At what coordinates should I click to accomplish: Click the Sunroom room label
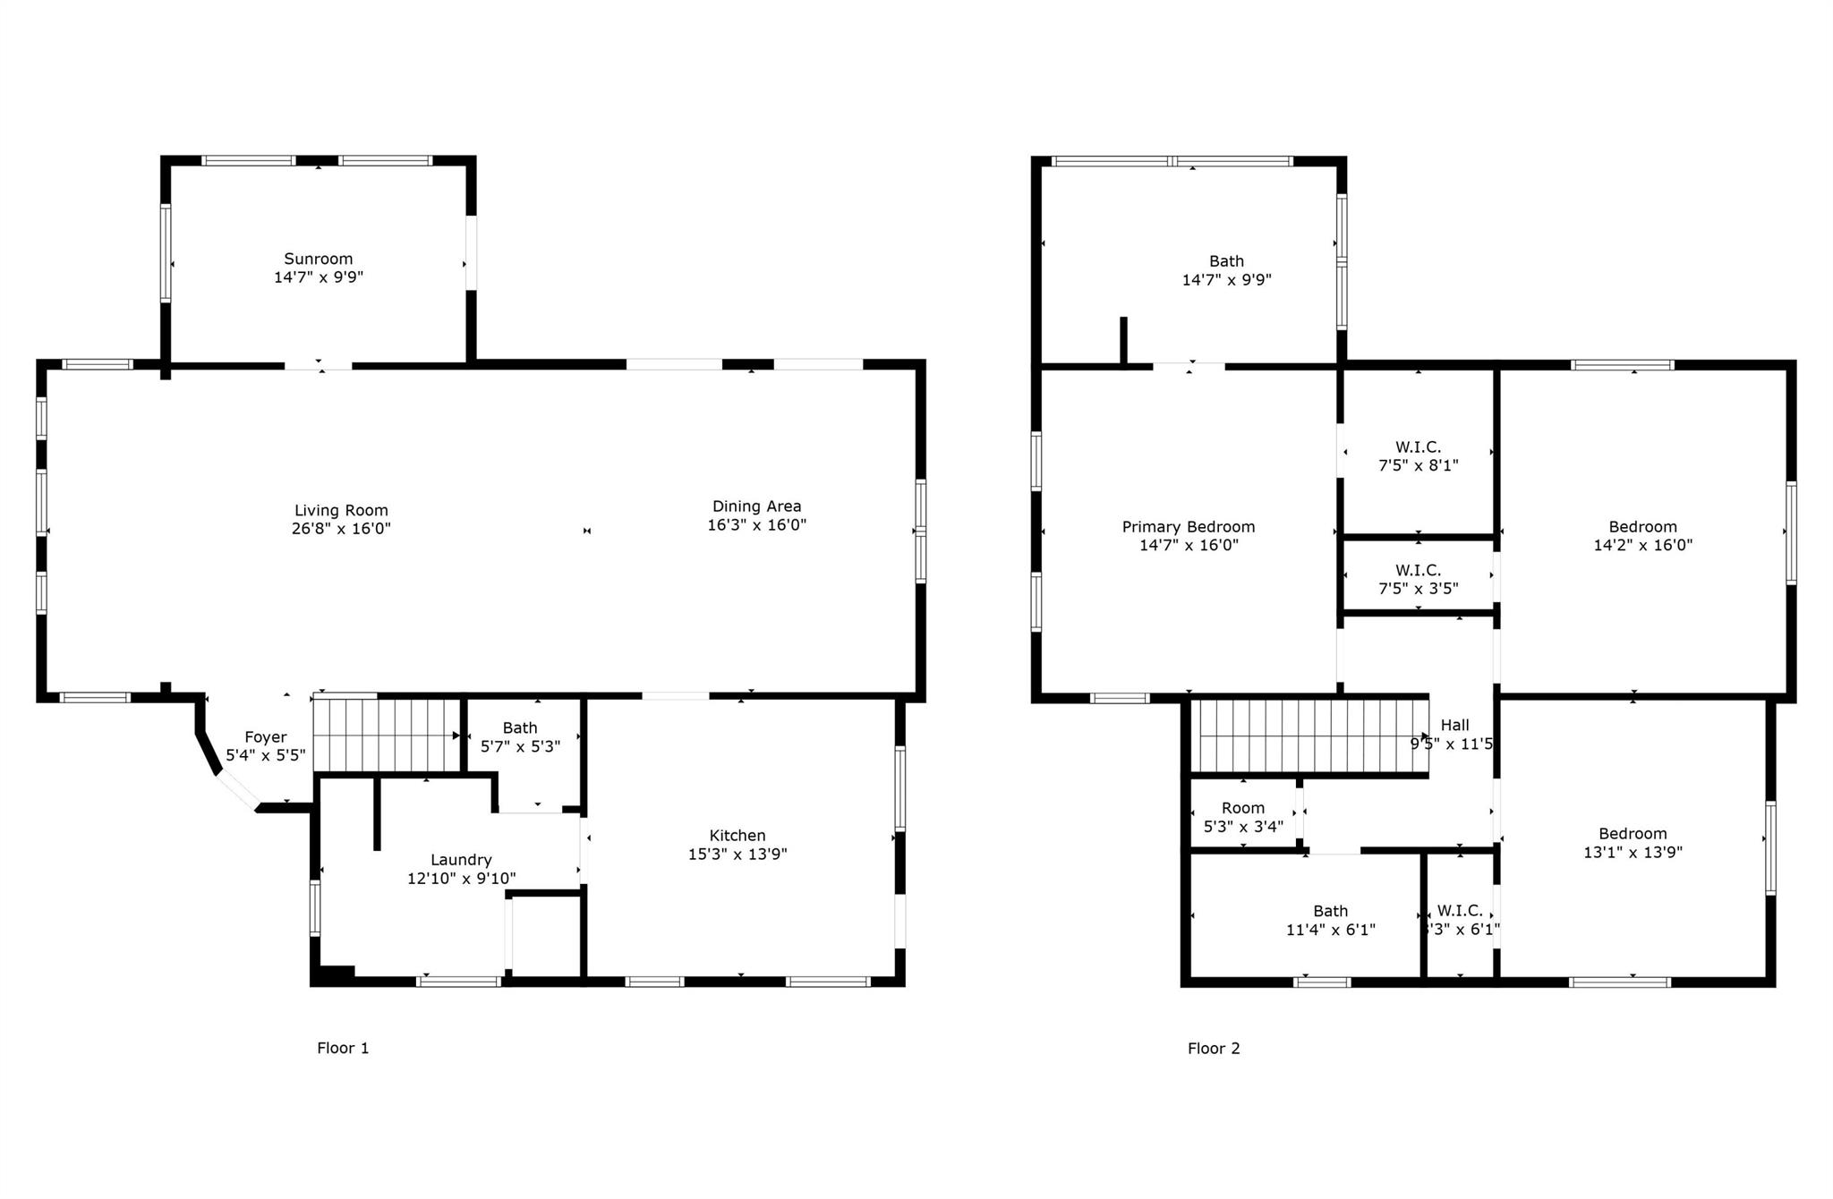319,259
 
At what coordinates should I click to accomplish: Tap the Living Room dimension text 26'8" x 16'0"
341,529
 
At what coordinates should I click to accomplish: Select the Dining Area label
756,506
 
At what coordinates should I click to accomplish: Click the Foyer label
266,737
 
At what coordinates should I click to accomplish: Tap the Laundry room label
461,860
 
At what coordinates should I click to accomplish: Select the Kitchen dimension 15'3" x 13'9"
737,855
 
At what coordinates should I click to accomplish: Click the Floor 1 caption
343,1048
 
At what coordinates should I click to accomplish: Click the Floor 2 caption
1214,1049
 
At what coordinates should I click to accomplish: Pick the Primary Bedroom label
1189,527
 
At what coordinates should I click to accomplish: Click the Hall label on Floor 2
1454,726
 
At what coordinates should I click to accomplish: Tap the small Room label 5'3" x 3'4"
1243,808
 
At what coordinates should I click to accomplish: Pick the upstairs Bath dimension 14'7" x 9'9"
1226,280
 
